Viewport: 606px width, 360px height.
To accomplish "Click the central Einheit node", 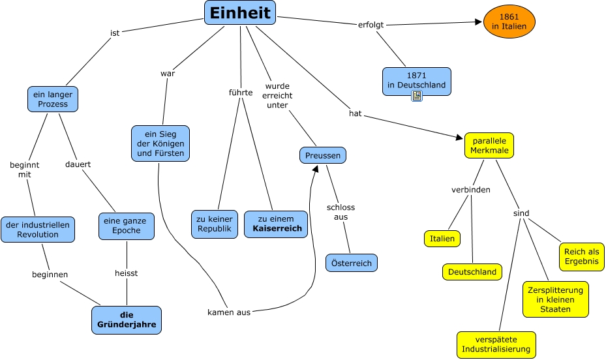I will pyautogui.click(x=240, y=13).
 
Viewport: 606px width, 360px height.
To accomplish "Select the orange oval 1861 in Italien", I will pyautogui.click(x=509, y=21).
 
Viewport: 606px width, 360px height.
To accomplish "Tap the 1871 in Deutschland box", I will pyautogui.click(x=416, y=80).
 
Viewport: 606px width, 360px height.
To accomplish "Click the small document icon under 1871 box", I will pyautogui.click(x=417, y=97).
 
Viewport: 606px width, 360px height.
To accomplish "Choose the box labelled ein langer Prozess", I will pyautogui.click(x=53, y=99).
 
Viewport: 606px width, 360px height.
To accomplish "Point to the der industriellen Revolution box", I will pyautogui.click(x=38, y=230).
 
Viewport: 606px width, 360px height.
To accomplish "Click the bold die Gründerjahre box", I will pyautogui.click(x=126, y=320).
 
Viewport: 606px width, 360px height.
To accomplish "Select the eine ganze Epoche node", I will pyautogui.click(x=127, y=226).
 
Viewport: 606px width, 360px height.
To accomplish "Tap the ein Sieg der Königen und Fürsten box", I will pyautogui.click(x=160, y=143).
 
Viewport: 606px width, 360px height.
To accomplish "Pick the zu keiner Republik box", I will pyautogui.click(x=215, y=224).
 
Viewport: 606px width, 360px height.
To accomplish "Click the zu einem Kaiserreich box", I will pyautogui.click(x=276, y=224).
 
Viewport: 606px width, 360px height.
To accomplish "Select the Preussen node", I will pyautogui.click(x=323, y=155).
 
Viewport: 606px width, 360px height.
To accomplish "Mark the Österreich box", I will pyautogui.click(x=352, y=263).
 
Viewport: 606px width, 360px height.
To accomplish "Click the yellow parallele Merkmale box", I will pyautogui.click(x=489, y=145).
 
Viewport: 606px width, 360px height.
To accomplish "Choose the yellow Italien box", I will pyautogui.click(x=442, y=239).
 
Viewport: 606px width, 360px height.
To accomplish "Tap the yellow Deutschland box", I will pyautogui.click(x=472, y=272).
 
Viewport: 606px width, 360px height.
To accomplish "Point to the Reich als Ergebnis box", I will pyautogui.click(x=581, y=256).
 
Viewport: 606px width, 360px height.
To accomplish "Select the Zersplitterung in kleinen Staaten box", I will pyautogui.click(x=555, y=299).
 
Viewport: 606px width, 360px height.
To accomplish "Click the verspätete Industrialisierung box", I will pyautogui.click(x=496, y=345).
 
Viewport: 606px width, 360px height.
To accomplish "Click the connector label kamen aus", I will pyautogui.click(x=229, y=312).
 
